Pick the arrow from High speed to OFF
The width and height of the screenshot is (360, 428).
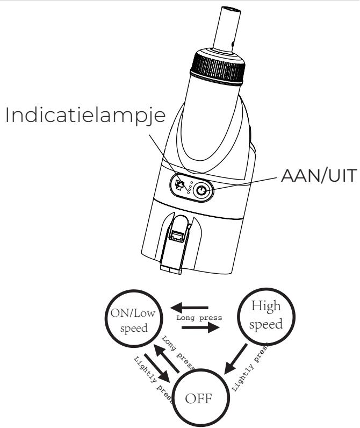pos(236,361)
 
